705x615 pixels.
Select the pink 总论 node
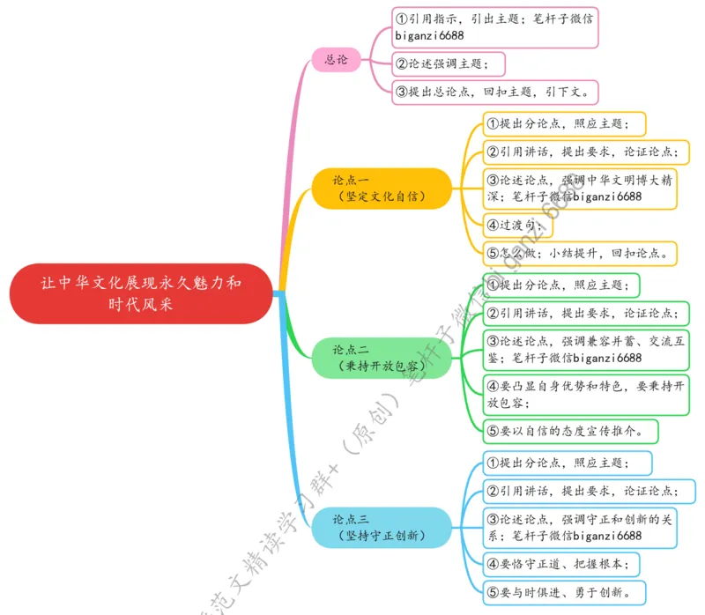point(337,60)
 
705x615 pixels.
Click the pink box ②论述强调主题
point(450,63)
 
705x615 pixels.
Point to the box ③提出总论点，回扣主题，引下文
point(496,92)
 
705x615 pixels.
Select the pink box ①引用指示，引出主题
point(495,26)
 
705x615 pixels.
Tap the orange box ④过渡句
point(517,226)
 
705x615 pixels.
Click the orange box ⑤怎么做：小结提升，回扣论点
point(579,254)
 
